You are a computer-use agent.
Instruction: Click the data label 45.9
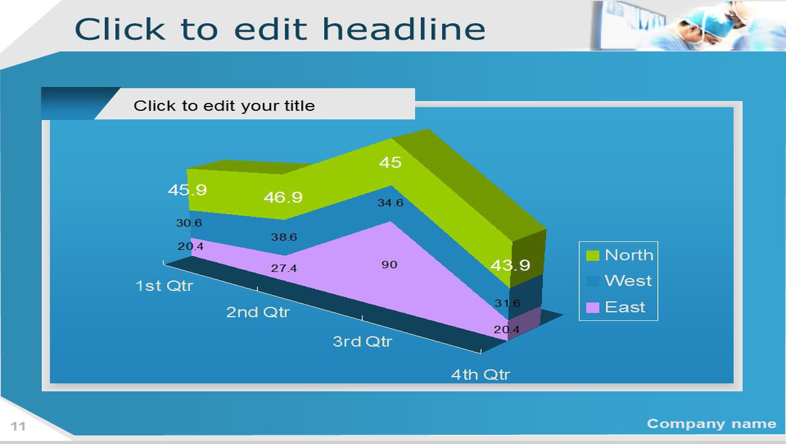click(x=187, y=190)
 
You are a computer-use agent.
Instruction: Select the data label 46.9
click(x=283, y=197)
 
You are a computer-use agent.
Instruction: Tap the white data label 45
click(x=390, y=162)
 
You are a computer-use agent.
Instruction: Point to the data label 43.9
click(x=510, y=265)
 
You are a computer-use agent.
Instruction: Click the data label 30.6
click(x=189, y=223)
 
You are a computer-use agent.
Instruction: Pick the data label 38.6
click(x=284, y=237)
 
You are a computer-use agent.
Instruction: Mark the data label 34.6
click(x=390, y=203)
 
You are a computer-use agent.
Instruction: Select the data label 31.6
click(x=507, y=303)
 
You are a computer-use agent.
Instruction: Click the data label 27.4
click(x=284, y=268)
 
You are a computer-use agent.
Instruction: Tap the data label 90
click(x=389, y=264)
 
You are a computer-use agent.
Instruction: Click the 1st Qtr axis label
click(x=165, y=286)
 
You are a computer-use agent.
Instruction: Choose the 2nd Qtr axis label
click(x=258, y=312)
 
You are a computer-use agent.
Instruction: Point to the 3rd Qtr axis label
click(x=362, y=342)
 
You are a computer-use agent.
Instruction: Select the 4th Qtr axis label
click(x=480, y=375)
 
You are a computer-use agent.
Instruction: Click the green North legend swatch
click(x=592, y=255)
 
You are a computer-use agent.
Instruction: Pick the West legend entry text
click(x=628, y=280)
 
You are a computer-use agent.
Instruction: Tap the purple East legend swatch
click(x=592, y=307)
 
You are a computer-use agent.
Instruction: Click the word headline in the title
click(x=404, y=29)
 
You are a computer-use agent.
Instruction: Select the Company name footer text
click(x=712, y=424)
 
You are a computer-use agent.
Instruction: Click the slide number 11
click(x=18, y=427)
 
